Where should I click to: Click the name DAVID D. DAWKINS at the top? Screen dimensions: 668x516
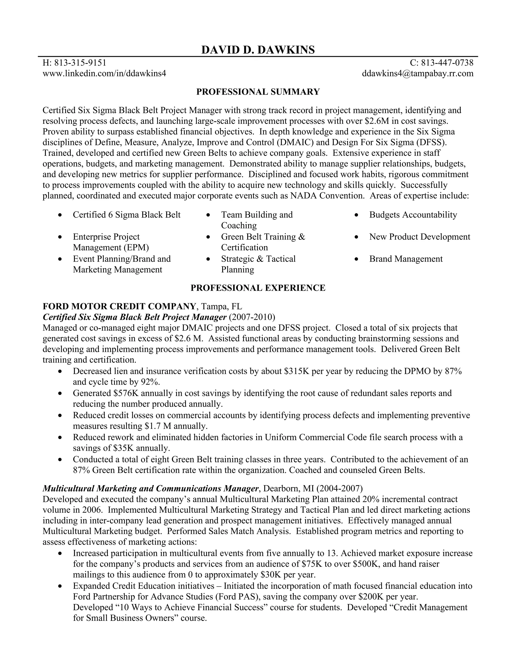tap(258, 50)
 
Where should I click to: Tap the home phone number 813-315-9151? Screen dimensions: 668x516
tap(80, 63)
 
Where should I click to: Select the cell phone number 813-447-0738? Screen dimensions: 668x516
tap(447, 63)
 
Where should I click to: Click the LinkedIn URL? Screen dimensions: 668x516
tap(104, 73)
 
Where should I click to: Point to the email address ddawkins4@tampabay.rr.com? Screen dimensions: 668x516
tap(417, 73)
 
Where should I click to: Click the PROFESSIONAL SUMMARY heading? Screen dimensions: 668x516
tap(258, 92)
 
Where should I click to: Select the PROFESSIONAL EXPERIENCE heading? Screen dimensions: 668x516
tap(258, 288)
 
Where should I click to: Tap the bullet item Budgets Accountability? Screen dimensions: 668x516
tap(413, 215)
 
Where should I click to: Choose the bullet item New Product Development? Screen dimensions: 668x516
tap(420, 237)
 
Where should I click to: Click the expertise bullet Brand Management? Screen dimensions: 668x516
tap(406, 259)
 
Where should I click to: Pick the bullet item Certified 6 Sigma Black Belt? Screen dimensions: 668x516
tap(126, 215)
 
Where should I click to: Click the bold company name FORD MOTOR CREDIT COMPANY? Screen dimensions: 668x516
tap(119, 306)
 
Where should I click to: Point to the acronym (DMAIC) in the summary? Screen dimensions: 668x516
tap(293, 142)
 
